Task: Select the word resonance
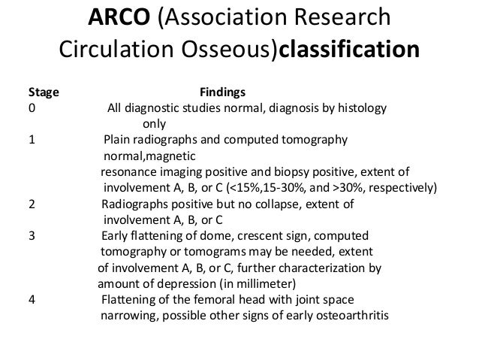(x=129, y=171)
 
